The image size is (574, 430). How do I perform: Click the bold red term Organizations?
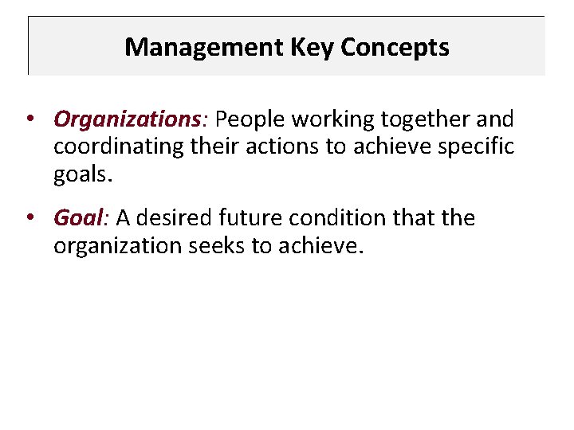coord(126,120)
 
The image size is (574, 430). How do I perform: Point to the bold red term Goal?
coord(78,218)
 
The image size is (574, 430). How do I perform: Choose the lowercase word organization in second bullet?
coord(118,246)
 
